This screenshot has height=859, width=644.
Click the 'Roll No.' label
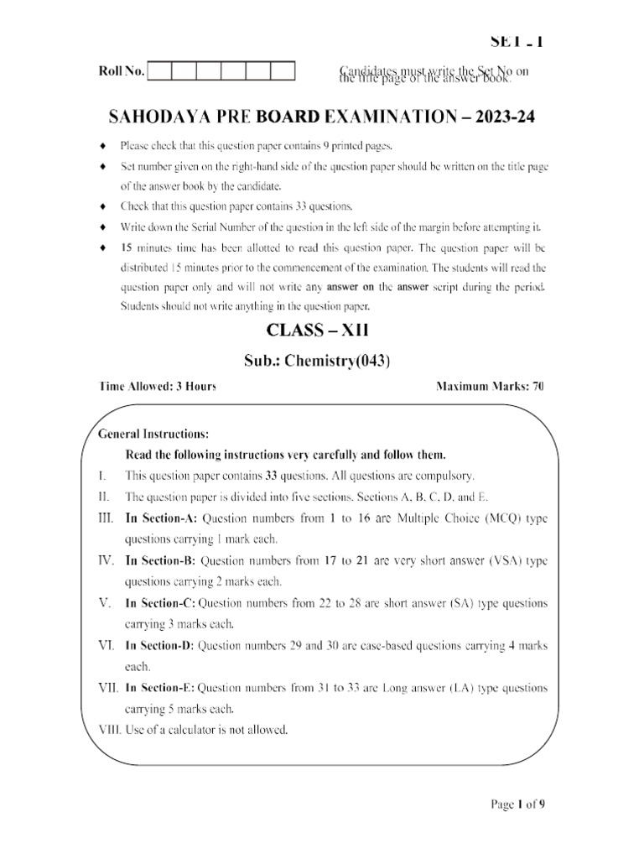point(122,72)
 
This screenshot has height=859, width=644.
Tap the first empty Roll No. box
point(159,71)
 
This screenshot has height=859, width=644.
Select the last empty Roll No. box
point(283,71)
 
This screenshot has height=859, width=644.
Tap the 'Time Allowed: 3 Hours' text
point(158,387)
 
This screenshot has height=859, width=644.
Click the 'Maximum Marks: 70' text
point(490,387)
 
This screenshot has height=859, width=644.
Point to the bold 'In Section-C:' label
point(160,603)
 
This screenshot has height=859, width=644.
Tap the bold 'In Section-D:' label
point(159,645)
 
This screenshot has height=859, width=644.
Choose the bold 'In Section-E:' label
point(159,688)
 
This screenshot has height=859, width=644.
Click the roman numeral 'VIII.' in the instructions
point(109,730)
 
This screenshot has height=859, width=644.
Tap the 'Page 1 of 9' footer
point(518,804)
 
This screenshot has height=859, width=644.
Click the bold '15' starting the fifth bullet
point(127,248)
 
